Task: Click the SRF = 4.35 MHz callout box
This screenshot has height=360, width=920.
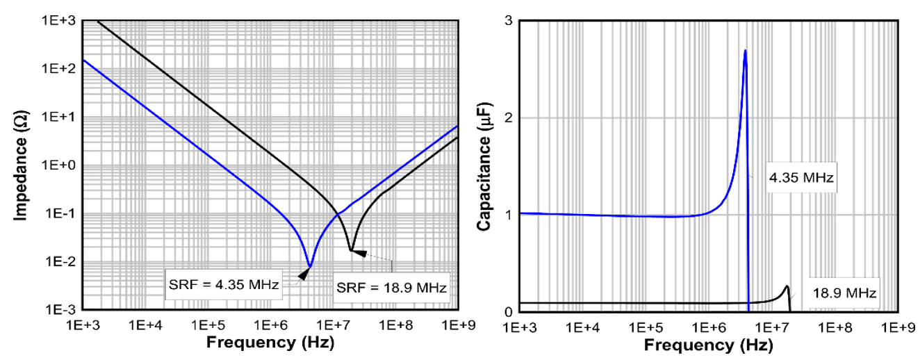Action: (224, 284)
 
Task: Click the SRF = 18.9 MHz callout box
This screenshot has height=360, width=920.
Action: (391, 286)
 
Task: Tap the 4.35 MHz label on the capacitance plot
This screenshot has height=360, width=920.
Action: (798, 179)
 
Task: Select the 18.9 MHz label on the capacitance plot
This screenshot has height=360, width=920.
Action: (844, 293)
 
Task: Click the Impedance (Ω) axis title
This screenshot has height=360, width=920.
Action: (20, 165)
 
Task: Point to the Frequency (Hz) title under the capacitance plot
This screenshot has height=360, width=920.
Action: (709, 345)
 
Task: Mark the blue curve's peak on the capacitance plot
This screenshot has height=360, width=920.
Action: (745, 51)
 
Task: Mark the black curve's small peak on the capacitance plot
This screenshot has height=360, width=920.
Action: (787, 286)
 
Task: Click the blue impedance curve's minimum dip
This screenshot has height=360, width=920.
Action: (309, 265)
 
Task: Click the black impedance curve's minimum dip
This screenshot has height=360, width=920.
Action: (351, 249)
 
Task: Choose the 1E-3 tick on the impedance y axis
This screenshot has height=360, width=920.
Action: (61, 310)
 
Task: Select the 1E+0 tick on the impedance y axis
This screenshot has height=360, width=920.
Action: (60, 165)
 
